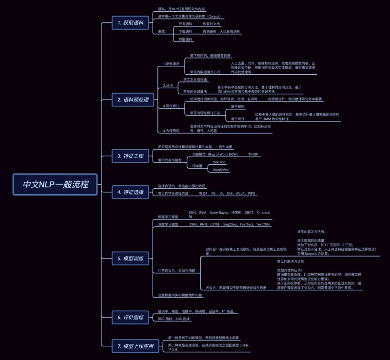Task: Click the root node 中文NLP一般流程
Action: coord(55,185)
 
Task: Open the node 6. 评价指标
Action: coord(130,318)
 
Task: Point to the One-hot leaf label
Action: coord(219,161)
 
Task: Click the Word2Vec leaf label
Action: coord(221,170)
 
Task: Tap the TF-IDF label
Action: coord(253,154)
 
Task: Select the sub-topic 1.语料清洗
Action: coord(171,64)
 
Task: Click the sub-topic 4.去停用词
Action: coord(171,131)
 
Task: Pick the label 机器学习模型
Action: coord(168,216)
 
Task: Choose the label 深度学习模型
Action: coord(168,224)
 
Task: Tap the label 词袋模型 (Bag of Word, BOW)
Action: coord(214,154)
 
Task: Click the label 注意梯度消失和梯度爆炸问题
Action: coord(180,295)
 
